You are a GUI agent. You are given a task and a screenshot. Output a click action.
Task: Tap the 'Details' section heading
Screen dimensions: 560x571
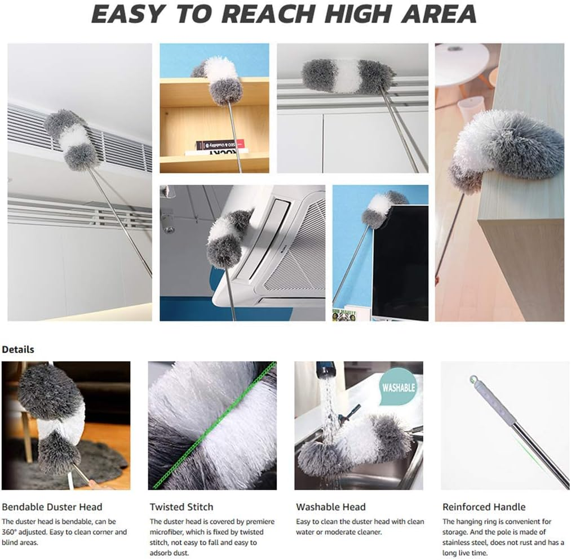(18, 349)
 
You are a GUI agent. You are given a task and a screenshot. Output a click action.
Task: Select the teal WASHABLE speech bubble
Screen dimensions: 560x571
(399, 387)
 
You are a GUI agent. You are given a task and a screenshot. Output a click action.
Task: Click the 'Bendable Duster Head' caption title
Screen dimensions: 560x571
(52, 507)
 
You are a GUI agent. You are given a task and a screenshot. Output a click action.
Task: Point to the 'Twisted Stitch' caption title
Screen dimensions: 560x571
(181, 507)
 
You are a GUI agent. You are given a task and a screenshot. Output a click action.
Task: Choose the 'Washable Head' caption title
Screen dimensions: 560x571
(330, 507)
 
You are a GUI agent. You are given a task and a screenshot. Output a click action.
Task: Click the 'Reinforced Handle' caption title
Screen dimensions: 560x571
(484, 507)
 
